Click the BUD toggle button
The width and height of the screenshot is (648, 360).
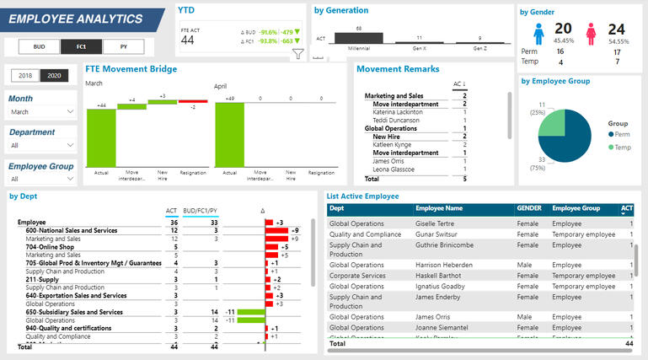click(38, 46)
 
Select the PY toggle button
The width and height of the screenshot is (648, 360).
click(123, 46)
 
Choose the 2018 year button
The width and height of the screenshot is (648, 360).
click(25, 76)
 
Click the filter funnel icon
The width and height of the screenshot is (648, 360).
click(297, 55)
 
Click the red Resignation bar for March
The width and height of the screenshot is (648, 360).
click(193, 101)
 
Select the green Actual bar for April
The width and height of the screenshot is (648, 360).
click(230, 134)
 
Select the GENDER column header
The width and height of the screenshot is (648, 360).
click(529, 208)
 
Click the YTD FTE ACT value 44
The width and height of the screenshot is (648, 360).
click(187, 40)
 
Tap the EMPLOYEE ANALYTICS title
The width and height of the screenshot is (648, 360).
click(76, 19)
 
